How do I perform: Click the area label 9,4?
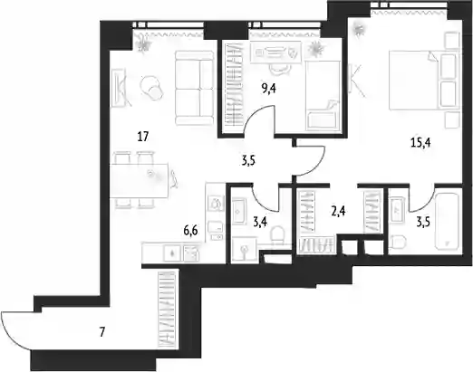point(269,90)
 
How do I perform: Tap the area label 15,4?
point(420,143)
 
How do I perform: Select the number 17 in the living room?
point(143,137)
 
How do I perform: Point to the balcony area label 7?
point(102,333)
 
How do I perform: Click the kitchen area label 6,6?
point(190,232)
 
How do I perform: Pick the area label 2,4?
point(338,212)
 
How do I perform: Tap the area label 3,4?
point(260,223)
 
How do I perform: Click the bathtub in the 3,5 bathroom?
point(447,222)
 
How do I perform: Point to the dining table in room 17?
point(139,180)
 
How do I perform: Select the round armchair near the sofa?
point(152,87)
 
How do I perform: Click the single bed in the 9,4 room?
point(323,96)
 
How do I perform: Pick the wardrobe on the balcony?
point(167,310)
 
